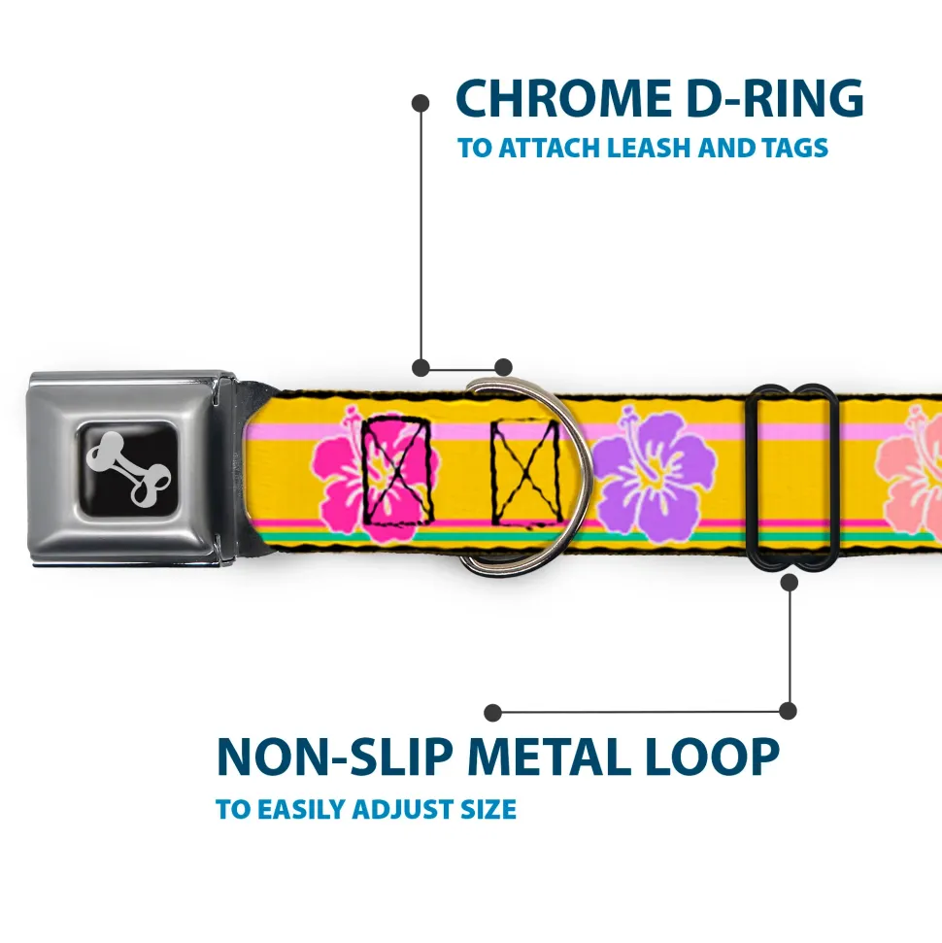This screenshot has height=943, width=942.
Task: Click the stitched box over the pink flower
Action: click(x=397, y=468)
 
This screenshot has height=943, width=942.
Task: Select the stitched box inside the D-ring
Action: click(x=525, y=469)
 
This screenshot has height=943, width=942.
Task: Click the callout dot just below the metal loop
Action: click(x=789, y=583)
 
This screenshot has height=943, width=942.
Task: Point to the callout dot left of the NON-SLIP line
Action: click(x=492, y=713)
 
